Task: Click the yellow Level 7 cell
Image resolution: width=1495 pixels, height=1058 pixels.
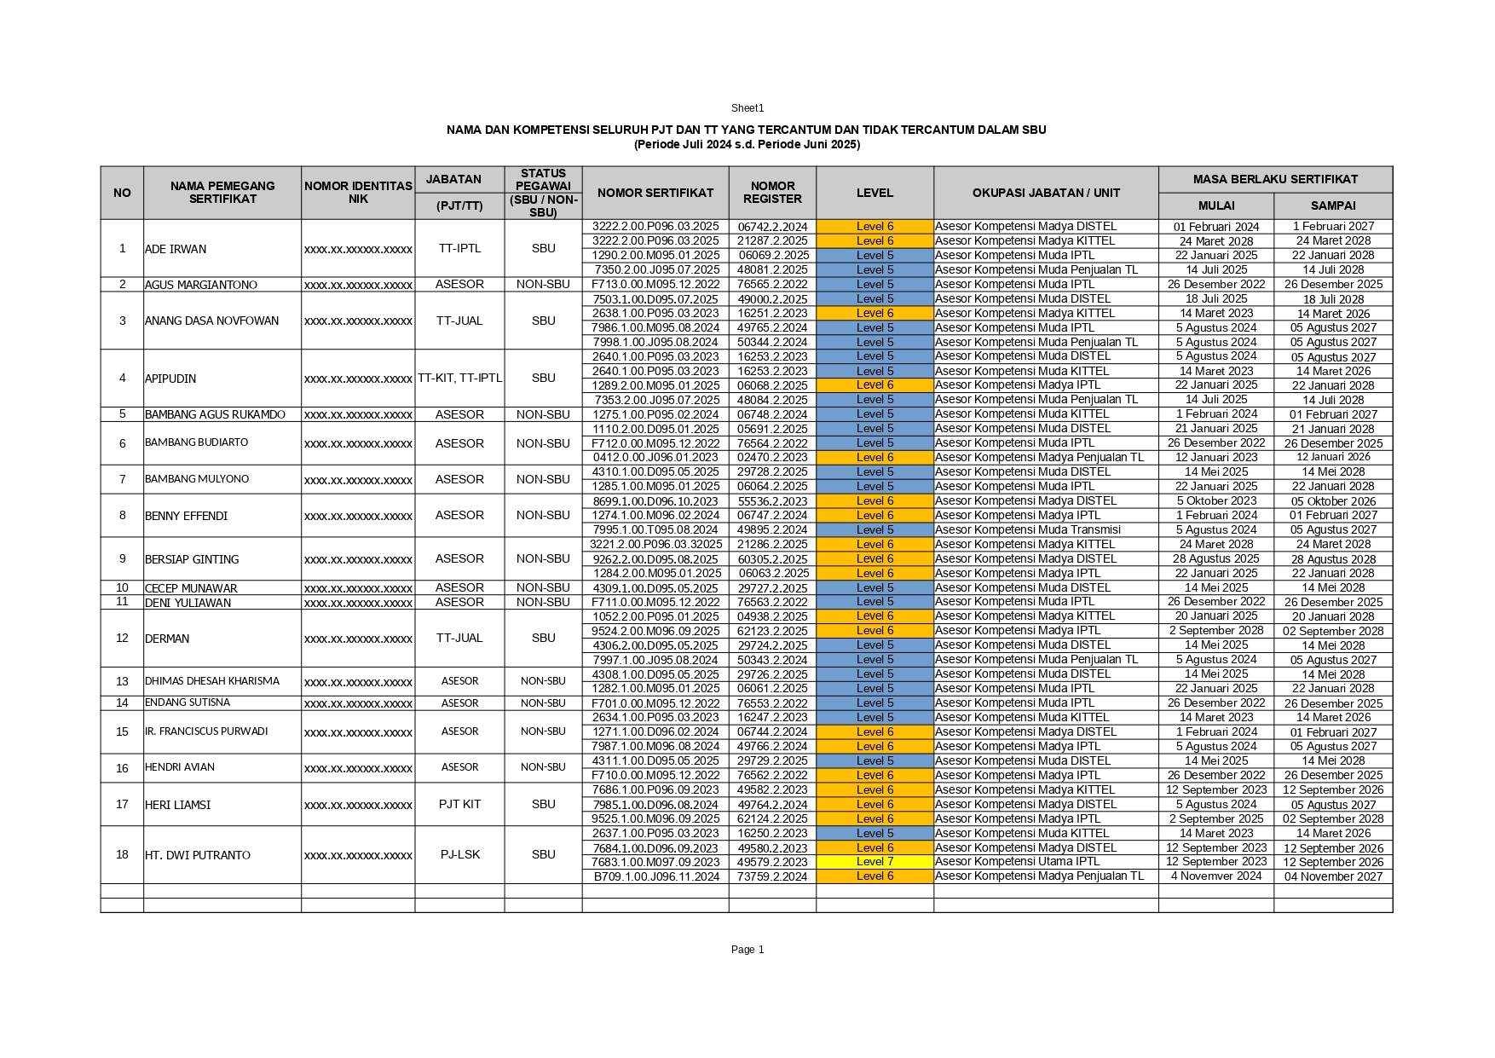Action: pyautogui.click(x=874, y=862)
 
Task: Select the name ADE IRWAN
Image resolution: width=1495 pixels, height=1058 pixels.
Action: pyautogui.click(x=176, y=249)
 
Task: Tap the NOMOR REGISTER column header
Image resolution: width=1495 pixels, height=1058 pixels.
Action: pyautogui.click(x=772, y=193)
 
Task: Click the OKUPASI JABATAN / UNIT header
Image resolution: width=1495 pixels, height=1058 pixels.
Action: pyautogui.click(x=1046, y=193)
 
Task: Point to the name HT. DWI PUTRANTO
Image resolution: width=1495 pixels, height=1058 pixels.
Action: pyautogui.click(x=198, y=855)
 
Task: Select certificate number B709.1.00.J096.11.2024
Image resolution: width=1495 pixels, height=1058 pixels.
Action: pyautogui.click(x=656, y=876)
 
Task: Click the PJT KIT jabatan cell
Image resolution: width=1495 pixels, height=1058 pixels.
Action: pyautogui.click(x=459, y=804)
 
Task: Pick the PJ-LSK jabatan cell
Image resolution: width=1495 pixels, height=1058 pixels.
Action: pyautogui.click(x=459, y=854)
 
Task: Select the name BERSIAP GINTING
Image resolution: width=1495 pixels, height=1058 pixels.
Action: pyautogui.click(x=192, y=559)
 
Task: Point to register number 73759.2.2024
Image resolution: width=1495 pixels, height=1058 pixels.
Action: pyautogui.click(x=772, y=876)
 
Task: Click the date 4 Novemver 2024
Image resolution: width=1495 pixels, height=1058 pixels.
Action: pyautogui.click(x=1215, y=876)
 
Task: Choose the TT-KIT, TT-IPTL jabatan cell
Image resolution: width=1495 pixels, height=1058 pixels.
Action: pyautogui.click(x=459, y=378)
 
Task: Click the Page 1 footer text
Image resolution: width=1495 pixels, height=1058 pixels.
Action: pyautogui.click(x=747, y=950)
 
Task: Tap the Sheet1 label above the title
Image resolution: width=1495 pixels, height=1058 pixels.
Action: pyautogui.click(x=747, y=108)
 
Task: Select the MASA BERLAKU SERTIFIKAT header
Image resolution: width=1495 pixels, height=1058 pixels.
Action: pyautogui.click(x=1275, y=179)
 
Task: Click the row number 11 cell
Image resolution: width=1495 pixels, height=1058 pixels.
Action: pyautogui.click(x=122, y=602)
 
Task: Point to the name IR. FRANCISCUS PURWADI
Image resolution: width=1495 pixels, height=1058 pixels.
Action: pyautogui.click(x=206, y=731)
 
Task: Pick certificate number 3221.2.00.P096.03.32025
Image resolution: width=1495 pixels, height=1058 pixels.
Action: pyautogui.click(x=656, y=544)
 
